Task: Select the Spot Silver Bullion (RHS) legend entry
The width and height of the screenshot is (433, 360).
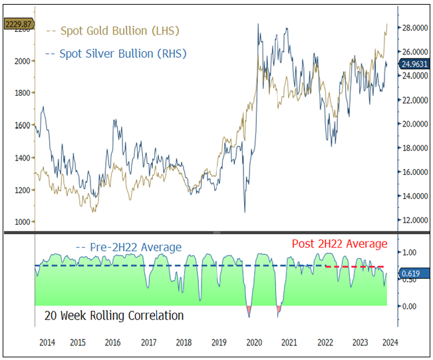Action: [x=117, y=53]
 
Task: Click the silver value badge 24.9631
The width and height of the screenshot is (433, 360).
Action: [x=414, y=65]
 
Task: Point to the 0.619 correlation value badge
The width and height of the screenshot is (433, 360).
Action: [x=410, y=273]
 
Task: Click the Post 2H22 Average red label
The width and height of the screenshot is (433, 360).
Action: [x=339, y=244]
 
